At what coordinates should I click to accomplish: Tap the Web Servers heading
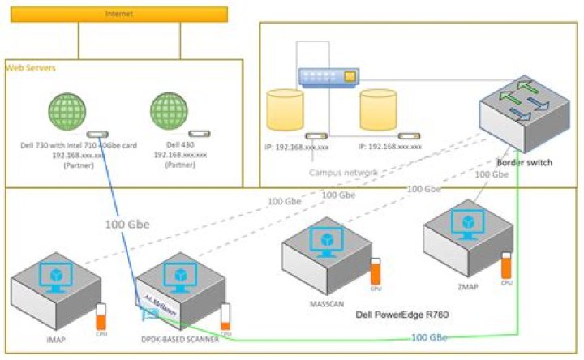click(x=30, y=68)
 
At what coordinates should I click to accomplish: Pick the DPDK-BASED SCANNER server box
click(x=179, y=288)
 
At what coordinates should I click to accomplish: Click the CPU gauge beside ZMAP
click(x=507, y=265)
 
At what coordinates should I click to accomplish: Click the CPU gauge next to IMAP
click(x=101, y=315)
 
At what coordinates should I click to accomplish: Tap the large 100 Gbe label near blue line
click(x=127, y=225)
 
